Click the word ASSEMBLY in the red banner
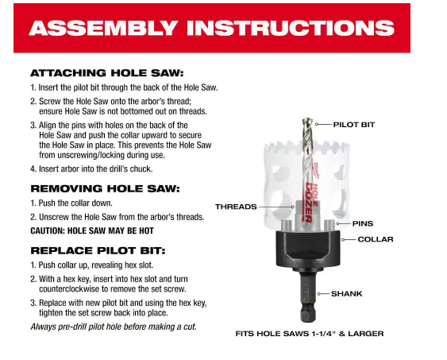(103, 28)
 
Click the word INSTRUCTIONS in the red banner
(291, 28)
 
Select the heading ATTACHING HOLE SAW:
(107, 73)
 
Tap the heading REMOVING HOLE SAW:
(105, 188)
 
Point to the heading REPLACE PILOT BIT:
(98, 251)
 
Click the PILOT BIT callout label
(354, 125)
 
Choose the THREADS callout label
(236, 207)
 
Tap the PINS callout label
(363, 223)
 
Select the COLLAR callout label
(376, 239)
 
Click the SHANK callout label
(347, 293)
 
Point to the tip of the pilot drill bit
(307, 118)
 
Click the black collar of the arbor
(308, 249)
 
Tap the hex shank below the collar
(308, 296)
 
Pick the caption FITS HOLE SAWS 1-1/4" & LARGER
(310, 334)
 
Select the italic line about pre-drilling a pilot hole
(114, 327)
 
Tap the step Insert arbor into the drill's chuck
(91, 169)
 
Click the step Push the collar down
(71, 203)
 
